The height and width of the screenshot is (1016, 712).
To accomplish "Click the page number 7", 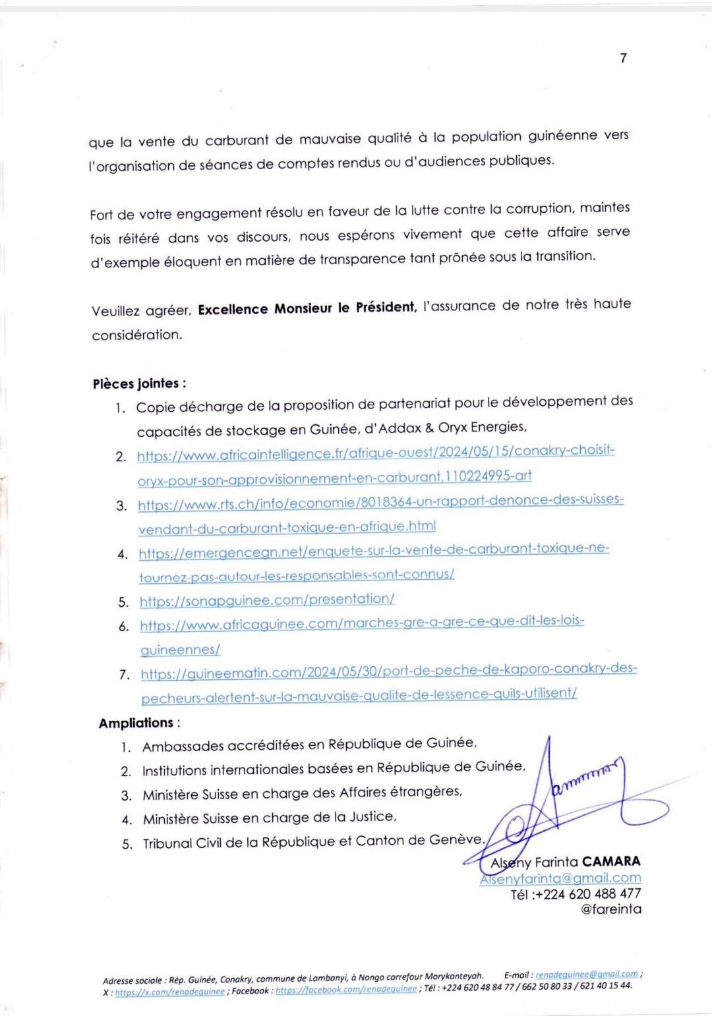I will point(624,58).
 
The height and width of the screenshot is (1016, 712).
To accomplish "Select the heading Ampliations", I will point(136,723).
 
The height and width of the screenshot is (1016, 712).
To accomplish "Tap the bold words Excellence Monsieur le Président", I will point(307,308).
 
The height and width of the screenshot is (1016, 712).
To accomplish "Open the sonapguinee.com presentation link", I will point(267,600).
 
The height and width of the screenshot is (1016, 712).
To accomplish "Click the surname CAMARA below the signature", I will point(611,861).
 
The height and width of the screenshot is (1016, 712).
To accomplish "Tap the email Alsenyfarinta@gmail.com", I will point(560,878).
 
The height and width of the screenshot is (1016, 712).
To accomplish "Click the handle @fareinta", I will point(610,909).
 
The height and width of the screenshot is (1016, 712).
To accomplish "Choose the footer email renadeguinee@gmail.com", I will point(586,974).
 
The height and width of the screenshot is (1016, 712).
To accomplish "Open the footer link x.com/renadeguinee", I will point(169,992).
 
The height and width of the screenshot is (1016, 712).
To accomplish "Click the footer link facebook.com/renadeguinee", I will point(345,990).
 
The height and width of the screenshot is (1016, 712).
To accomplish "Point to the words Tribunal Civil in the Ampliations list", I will point(183,843).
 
